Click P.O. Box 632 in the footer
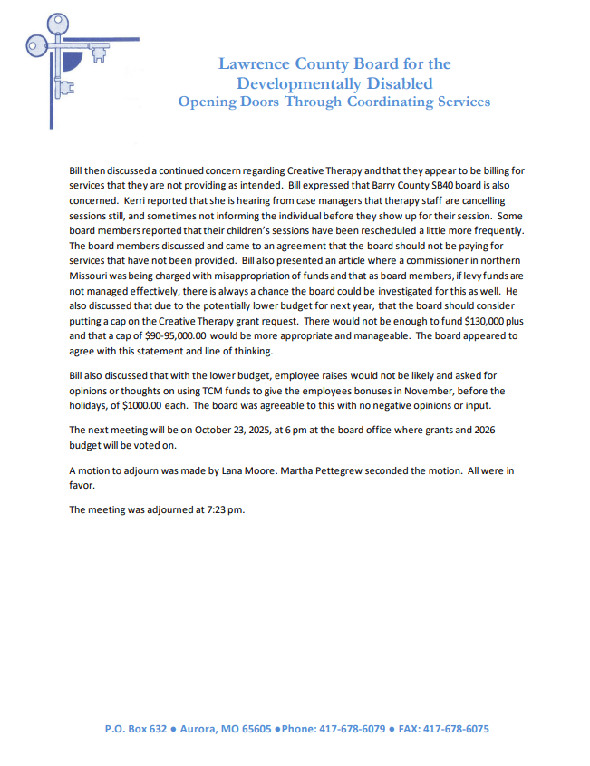(137, 729)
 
